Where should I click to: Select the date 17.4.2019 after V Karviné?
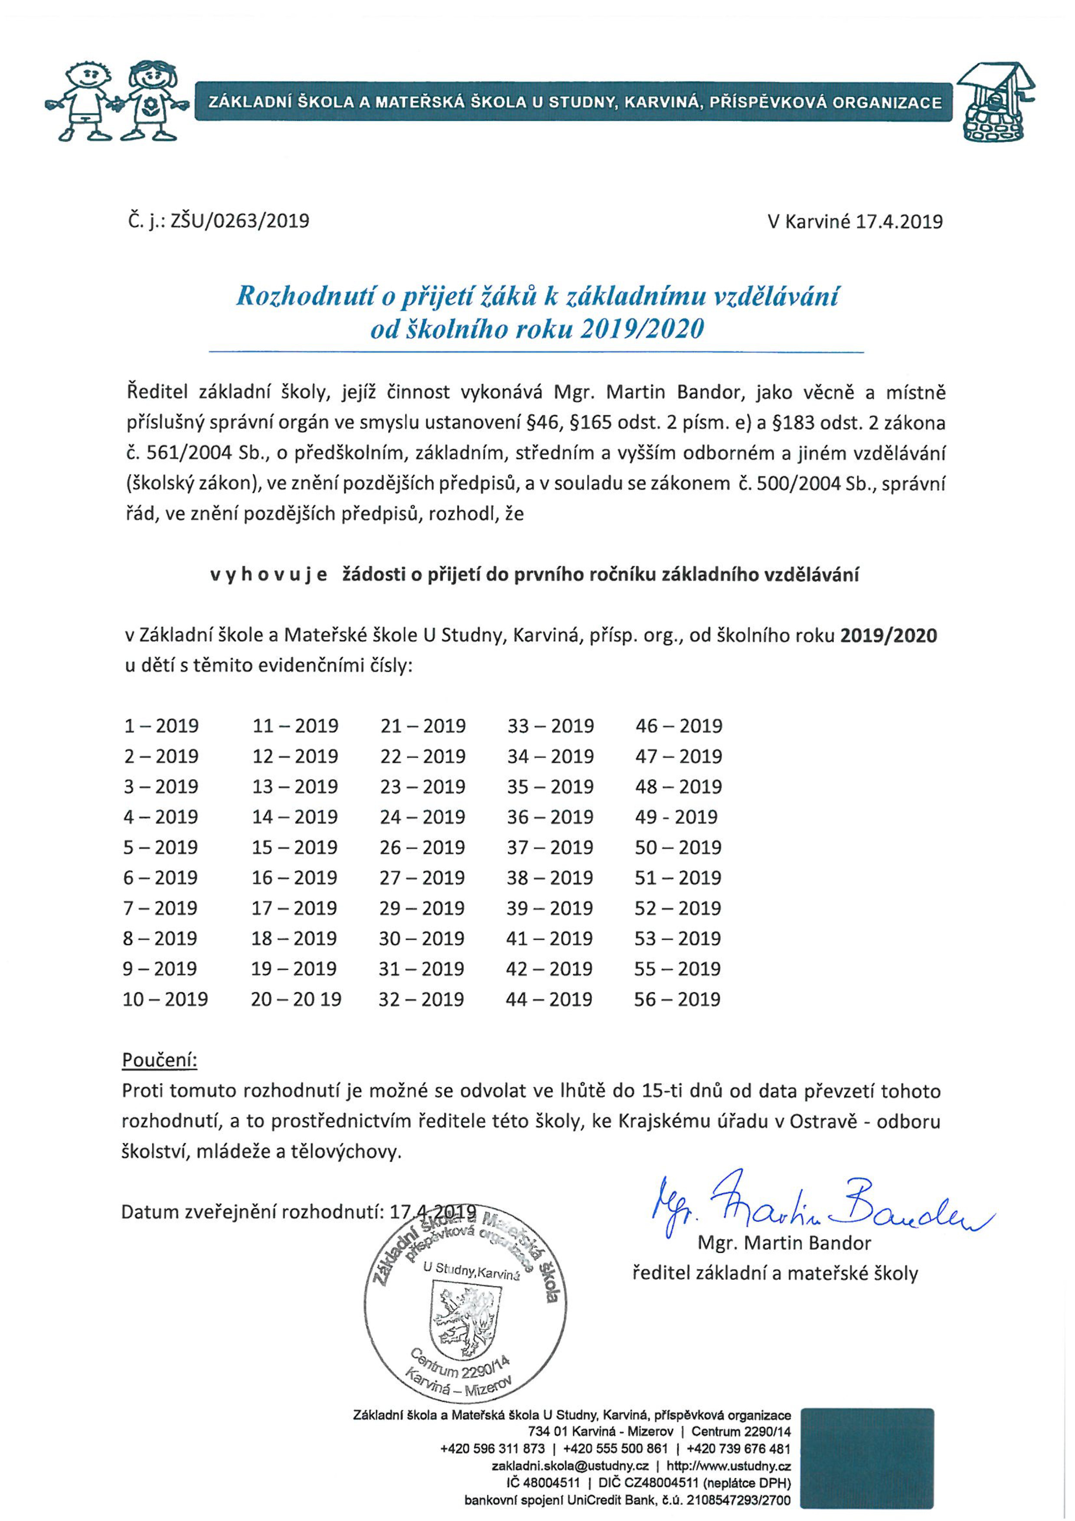pos(899,221)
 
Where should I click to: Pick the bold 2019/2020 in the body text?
pos(888,635)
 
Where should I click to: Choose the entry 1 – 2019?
pos(161,726)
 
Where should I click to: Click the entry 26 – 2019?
pos(422,847)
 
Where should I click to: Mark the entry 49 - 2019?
pos(676,817)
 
